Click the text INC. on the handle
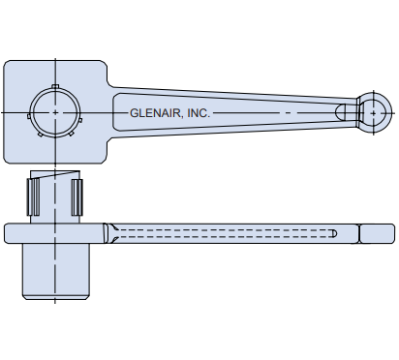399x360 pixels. pos(198,113)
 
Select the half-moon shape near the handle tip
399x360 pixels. pos(343,112)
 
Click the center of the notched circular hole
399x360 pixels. pos(56,112)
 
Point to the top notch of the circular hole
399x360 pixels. pos(56,88)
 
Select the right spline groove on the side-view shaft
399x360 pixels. pos(77,197)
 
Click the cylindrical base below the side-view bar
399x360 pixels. pos(56,270)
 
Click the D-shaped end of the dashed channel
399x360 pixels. pos(333,233)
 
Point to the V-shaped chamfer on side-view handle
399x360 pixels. pos(112,233)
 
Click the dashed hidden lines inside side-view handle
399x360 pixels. pos(223,233)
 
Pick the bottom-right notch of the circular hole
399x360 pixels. pos(74,131)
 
